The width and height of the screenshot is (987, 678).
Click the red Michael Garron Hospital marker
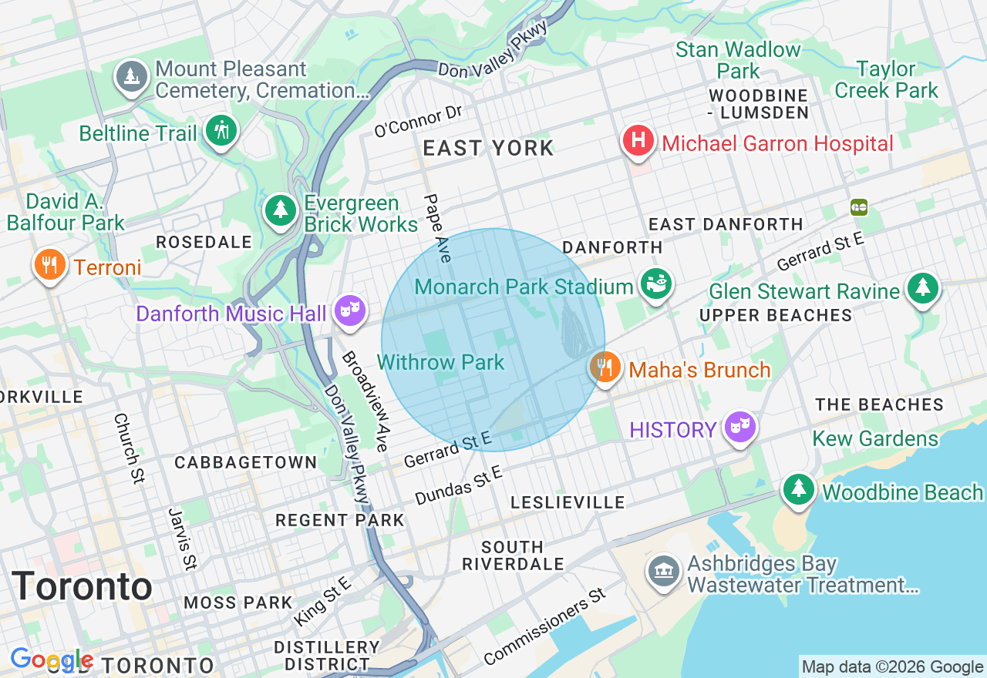click(x=638, y=142)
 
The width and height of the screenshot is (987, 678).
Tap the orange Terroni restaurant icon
click(x=49, y=265)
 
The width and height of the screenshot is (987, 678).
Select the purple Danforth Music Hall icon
click(x=349, y=311)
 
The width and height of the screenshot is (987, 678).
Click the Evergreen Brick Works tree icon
click(x=281, y=210)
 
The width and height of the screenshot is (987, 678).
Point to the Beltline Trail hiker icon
click(x=221, y=131)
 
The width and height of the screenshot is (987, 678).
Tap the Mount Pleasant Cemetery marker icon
click(x=133, y=77)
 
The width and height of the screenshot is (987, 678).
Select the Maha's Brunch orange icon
click(x=606, y=368)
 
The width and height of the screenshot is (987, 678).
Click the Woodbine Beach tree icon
click(x=799, y=490)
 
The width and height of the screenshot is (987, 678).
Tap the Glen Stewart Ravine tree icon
click(x=922, y=289)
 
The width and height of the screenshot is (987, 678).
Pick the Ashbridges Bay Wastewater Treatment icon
click(x=664, y=572)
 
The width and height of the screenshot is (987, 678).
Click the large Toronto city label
click(x=82, y=586)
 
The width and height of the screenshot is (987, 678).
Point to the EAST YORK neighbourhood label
click(x=489, y=149)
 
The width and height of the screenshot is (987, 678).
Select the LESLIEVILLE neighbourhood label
click(x=568, y=503)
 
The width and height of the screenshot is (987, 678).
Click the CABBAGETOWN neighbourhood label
click(x=245, y=462)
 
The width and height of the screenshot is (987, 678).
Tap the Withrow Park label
click(x=440, y=362)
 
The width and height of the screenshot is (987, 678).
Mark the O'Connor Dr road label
click(x=418, y=122)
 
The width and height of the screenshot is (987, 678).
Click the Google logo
click(x=51, y=660)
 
